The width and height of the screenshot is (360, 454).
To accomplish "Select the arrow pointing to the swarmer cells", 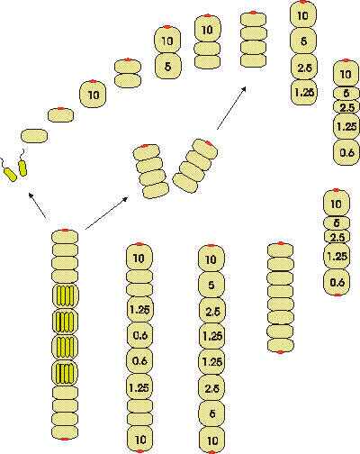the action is point(37,205).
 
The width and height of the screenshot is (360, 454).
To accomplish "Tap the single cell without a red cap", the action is point(34,136).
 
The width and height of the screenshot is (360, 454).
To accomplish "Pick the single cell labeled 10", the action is point(93,94).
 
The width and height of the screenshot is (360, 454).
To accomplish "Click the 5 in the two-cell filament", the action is point(167,66).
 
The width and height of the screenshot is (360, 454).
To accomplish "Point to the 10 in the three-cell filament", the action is point(207,30).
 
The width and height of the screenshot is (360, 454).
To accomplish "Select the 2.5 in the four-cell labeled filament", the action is point(304,68).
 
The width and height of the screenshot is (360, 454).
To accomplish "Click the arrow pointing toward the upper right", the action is point(231,108).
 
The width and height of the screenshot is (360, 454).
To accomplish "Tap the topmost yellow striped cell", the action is point(65,295).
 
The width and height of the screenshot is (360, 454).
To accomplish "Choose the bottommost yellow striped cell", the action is point(65,373).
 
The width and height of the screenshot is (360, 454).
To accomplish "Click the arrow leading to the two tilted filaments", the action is point(107,213).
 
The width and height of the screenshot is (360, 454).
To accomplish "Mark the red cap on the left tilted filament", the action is point(145,146).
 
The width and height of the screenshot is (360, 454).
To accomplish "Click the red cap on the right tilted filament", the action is point(209,143).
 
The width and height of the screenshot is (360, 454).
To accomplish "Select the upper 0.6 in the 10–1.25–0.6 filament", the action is point(139,335).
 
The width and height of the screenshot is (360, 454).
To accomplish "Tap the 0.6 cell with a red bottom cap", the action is point(337,282).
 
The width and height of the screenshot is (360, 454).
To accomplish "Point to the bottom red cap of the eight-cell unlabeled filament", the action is point(280,352).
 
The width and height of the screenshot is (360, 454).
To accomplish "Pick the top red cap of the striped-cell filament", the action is point(65,231).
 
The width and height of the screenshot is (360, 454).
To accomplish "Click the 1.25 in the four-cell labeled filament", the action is point(304,92).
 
